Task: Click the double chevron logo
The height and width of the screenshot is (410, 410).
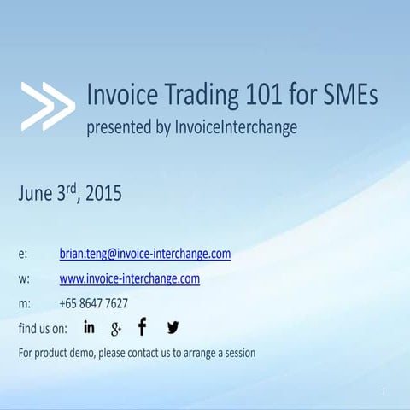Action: click(x=48, y=107)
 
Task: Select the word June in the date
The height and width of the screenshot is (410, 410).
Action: click(x=36, y=194)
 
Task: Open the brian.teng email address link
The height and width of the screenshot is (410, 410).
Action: click(x=145, y=254)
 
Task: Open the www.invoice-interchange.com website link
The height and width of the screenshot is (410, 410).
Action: click(x=130, y=278)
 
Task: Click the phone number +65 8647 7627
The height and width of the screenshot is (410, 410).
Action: click(x=94, y=303)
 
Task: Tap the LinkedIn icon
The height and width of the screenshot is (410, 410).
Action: click(x=90, y=327)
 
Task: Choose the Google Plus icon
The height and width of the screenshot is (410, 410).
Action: click(x=116, y=328)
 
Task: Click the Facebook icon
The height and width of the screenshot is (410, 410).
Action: click(x=142, y=327)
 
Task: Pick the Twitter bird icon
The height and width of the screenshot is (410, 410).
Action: click(x=173, y=327)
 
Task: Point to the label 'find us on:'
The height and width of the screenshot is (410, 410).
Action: click(x=43, y=328)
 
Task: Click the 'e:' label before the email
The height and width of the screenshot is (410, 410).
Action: click(x=23, y=255)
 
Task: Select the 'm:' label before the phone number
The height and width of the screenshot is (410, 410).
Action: click(x=25, y=303)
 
